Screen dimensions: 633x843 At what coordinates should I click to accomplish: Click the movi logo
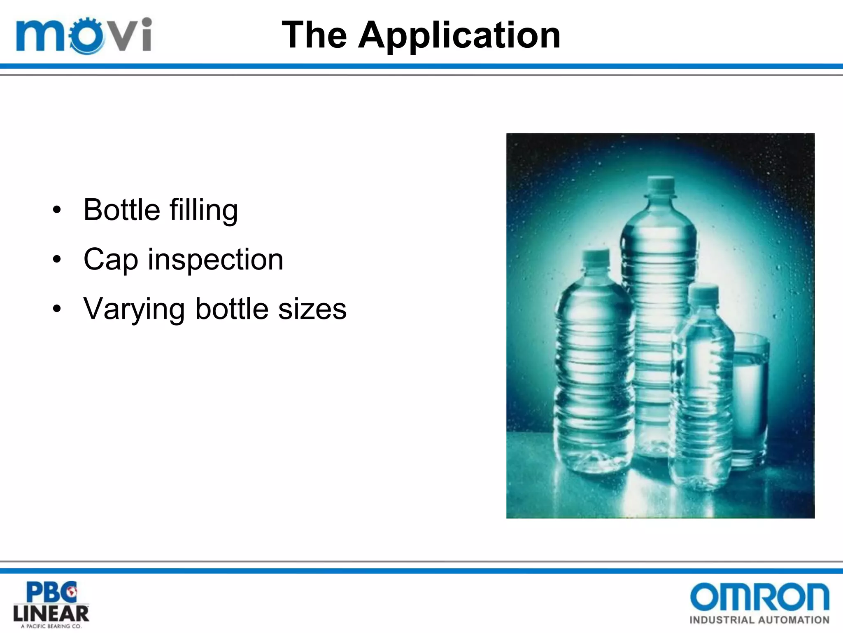click(84, 35)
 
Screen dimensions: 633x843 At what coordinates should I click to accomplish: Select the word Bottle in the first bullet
click(121, 210)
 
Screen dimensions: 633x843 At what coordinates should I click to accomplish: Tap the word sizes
click(312, 309)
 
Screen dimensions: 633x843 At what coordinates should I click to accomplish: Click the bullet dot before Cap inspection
click(57, 260)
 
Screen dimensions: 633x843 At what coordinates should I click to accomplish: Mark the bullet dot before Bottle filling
click(57, 210)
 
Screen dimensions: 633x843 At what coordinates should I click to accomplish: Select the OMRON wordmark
click(759, 597)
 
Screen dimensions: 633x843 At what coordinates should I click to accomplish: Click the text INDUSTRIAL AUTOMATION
click(759, 620)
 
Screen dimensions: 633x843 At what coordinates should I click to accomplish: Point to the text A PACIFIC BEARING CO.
click(51, 626)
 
